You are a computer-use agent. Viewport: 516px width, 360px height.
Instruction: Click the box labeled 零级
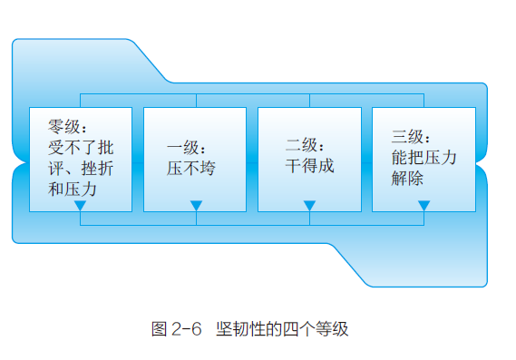(80, 159)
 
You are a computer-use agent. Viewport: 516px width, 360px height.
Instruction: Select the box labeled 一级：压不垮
(194, 159)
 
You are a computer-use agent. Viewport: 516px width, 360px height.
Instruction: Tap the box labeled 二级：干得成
(308, 159)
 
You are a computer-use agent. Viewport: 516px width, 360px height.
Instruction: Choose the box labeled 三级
(424, 159)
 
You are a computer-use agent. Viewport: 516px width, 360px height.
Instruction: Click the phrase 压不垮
(191, 167)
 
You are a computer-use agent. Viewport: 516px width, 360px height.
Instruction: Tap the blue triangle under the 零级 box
(80, 206)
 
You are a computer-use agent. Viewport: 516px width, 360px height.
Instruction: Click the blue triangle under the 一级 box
(194, 206)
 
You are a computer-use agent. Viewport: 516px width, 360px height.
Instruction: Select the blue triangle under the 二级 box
(308, 206)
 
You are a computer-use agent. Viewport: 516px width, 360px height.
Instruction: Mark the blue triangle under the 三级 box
(424, 206)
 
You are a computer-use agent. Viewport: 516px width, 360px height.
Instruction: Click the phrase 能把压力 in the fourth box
(424, 156)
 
